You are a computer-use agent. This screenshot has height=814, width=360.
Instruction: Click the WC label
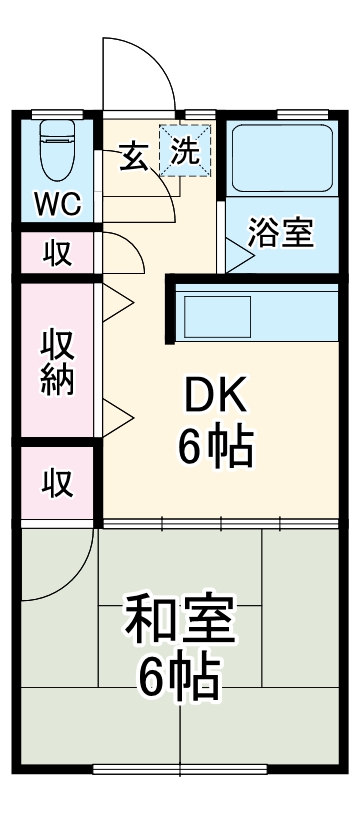click(x=57, y=204)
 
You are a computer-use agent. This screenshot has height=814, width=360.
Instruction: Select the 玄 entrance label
click(x=136, y=154)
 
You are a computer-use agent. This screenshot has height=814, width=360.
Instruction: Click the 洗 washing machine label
click(x=186, y=152)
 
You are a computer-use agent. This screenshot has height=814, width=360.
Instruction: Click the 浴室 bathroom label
click(x=281, y=234)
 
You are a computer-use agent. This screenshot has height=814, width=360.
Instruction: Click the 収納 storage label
click(x=57, y=361)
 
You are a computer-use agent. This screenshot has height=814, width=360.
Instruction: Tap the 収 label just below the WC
click(x=57, y=254)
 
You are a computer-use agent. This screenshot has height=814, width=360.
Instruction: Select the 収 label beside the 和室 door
click(x=57, y=483)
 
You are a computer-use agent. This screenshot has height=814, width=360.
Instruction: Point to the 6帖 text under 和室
click(x=180, y=679)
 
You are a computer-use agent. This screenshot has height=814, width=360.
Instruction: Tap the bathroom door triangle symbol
click(x=239, y=255)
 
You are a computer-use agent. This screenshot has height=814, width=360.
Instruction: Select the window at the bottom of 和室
click(x=180, y=769)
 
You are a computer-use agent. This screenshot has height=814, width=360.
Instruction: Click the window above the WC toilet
click(x=56, y=113)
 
